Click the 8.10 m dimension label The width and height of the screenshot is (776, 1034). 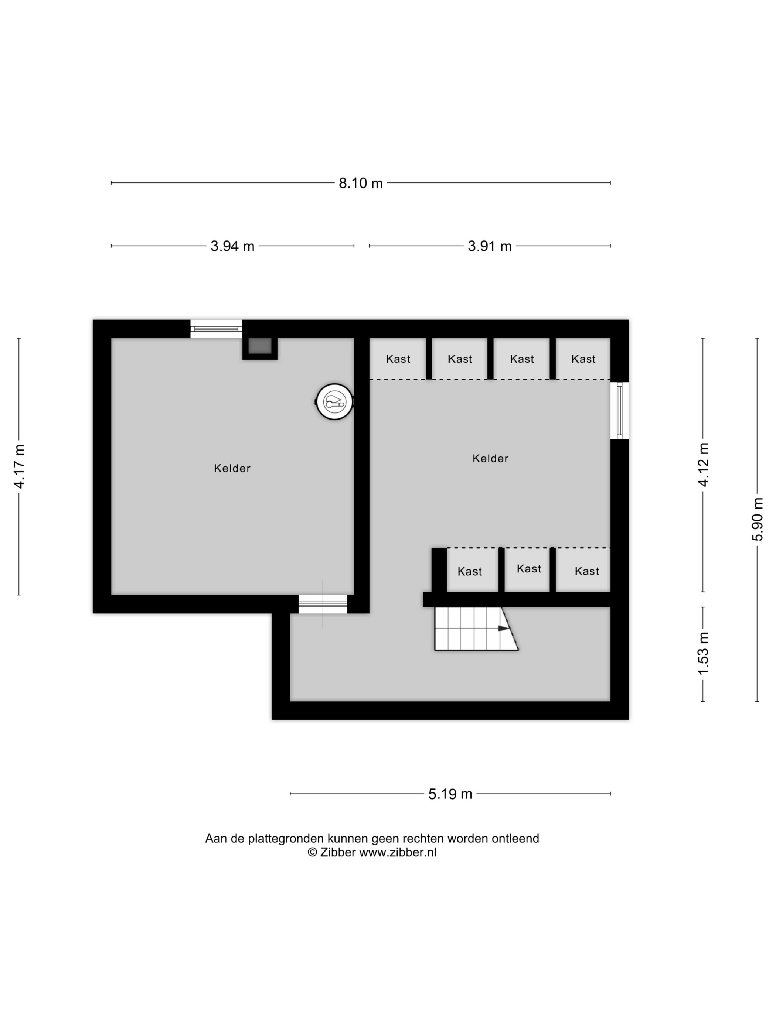click(x=360, y=183)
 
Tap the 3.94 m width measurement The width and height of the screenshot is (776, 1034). click(x=232, y=246)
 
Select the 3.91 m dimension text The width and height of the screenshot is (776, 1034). click(x=489, y=246)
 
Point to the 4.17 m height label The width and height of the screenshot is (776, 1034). click(x=19, y=466)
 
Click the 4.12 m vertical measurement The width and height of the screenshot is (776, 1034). click(x=704, y=464)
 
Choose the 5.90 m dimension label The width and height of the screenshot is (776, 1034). click(x=757, y=519)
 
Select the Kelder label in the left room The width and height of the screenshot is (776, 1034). click(x=232, y=468)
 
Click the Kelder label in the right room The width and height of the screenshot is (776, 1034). click(x=490, y=458)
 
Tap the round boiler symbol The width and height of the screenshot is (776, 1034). click(x=335, y=401)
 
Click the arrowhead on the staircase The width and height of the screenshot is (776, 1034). click(x=503, y=628)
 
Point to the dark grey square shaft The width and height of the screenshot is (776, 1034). click(x=260, y=346)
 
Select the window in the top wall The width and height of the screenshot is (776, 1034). click(x=216, y=329)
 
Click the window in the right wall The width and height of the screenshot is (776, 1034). click(x=619, y=410)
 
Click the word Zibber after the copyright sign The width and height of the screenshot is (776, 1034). click(x=338, y=852)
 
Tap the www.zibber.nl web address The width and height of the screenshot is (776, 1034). click(x=398, y=852)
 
